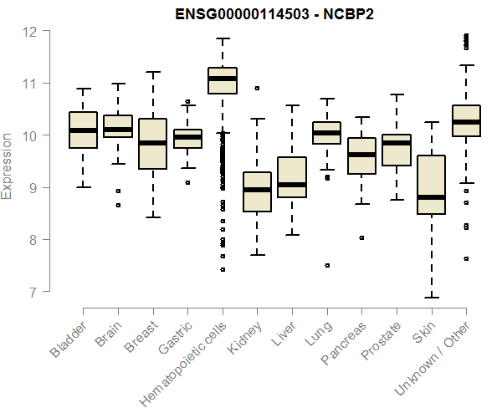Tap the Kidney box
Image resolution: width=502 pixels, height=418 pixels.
tap(257, 191)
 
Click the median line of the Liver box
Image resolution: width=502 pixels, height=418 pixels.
tap(292, 185)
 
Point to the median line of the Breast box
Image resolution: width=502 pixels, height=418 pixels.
tap(152, 143)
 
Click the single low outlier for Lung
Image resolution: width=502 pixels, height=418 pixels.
tap(327, 265)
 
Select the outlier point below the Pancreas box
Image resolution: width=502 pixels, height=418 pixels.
tap(361, 237)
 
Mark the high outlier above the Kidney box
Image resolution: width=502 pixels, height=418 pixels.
tap(257, 88)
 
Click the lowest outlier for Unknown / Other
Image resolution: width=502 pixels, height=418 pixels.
tap(466, 258)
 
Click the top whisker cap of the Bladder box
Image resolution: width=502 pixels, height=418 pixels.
tap(83, 89)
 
